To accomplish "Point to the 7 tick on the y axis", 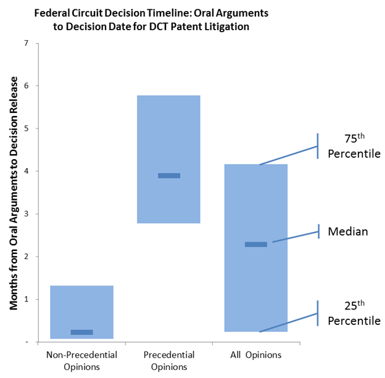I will tap(25, 43).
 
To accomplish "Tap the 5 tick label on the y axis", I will tap(25, 128).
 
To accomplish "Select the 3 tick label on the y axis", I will tap(25, 214).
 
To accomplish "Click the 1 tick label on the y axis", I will tap(25, 299).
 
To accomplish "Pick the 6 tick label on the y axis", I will tap(25, 86).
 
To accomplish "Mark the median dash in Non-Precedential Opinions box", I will tap(81, 332).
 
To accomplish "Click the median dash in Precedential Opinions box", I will tap(169, 176).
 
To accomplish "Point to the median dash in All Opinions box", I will tap(256, 244).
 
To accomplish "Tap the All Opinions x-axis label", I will tap(255, 355).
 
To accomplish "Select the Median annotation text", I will tap(348, 232).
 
